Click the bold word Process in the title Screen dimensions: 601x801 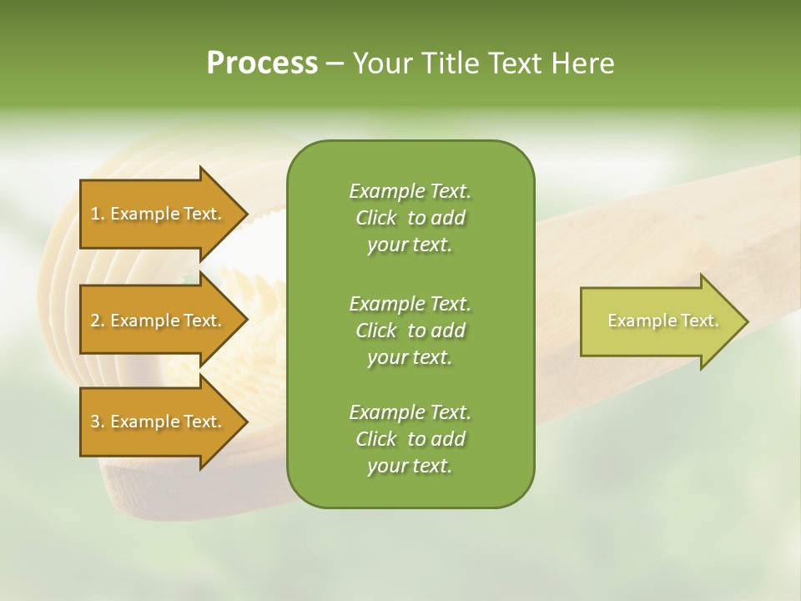click(x=262, y=63)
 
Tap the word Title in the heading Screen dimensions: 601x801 click(x=452, y=63)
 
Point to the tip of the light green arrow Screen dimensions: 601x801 click(x=747, y=321)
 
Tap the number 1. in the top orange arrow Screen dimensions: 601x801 click(x=98, y=214)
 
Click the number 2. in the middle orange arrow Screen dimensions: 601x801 click(x=98, y=321)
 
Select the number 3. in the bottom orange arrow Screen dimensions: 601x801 click(x=98, y=422)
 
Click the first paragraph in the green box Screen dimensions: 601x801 click(x=410, y=218)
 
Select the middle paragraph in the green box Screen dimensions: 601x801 click(x=410, y=331)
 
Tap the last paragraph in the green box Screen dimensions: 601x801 click(x=410, y=439)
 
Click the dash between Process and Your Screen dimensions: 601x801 click(x=335, y=63)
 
